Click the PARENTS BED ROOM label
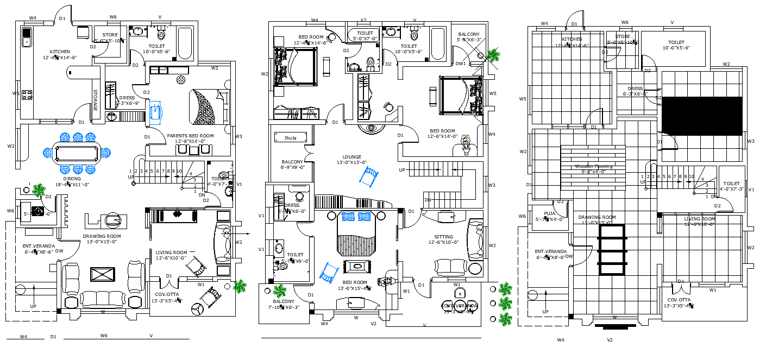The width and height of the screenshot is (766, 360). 190,136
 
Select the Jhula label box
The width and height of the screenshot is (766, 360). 291,138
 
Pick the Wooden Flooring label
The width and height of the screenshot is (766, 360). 594,166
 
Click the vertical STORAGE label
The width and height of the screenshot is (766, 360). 96,100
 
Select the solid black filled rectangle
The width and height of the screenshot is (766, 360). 702,116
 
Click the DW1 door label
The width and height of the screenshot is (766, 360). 461,64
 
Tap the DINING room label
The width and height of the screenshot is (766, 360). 72,179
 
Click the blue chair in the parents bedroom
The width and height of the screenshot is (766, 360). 155,111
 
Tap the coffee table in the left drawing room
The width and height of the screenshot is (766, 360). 102,274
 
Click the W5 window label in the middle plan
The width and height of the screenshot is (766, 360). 492,93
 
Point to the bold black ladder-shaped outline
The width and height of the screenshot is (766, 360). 612,249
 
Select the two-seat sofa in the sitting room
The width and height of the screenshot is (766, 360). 450,267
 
